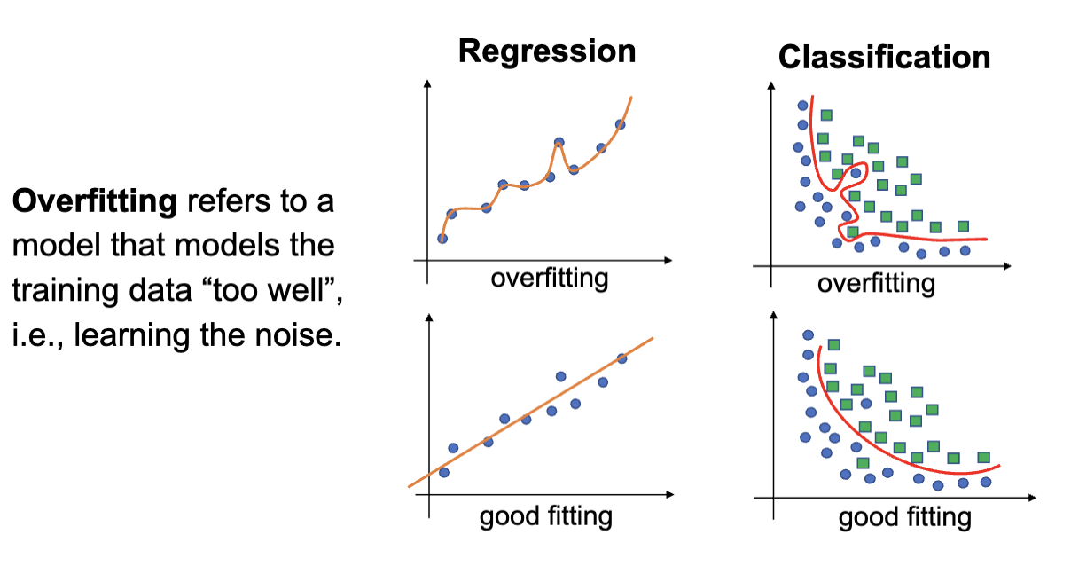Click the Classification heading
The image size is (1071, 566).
(x=884, y=58)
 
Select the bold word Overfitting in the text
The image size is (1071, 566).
(x=95, y=202)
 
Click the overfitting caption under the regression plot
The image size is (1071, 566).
(x=550, y=279)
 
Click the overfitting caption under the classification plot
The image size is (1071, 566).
(x=876, y=284)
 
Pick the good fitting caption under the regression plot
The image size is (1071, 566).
(x=546, y=516)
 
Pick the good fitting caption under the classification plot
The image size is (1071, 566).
(x=904, y=518)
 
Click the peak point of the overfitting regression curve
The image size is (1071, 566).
(x=559, y=142)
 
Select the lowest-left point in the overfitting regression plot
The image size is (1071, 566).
(x=442, y=239)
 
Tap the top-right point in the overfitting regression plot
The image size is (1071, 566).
(x=620, y=124)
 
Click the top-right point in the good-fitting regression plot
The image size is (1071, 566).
(x=621, y=358)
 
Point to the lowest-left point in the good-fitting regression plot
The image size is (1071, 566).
(x=443, y=473)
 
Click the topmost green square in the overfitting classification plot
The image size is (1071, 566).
(x=826, y=114)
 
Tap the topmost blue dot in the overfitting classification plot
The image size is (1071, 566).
(x=802, y=106)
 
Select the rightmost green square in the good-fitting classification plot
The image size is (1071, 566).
(x=983, y=457)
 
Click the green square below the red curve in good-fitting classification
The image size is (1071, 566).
(x=863, y=463)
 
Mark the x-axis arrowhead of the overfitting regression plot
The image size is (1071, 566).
(x=668, y=260)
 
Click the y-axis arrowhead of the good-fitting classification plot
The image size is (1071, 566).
(x=774, y=315)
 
